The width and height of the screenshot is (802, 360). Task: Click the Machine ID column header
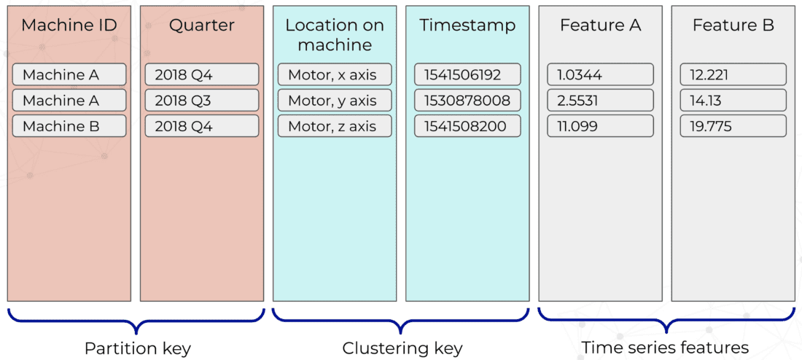click(69, 26)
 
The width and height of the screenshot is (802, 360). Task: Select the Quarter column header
click(202, 26)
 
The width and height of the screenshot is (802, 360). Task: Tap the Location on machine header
click(335, 35)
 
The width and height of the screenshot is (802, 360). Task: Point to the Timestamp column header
click(467, 26)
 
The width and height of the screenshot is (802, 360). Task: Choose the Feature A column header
click(600, 26)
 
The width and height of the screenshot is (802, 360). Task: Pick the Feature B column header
click(733, 26)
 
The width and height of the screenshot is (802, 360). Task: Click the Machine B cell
click(69, 126)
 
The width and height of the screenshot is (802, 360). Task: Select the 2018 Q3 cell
click(202, 101)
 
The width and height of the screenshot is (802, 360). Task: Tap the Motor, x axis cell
click(335, 74)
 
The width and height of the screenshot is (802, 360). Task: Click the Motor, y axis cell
click(335, 101)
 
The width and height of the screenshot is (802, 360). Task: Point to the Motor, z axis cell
click(335, 126)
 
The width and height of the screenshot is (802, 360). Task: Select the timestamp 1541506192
click(467, 74)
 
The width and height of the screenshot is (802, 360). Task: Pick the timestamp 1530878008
click(467, 101)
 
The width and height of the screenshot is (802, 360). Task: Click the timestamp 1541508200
click(467, 126)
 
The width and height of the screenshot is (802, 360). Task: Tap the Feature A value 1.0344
click(600, 74)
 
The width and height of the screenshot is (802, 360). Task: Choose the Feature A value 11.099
click(600, 126)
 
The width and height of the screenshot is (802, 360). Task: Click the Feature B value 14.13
click(733, 101)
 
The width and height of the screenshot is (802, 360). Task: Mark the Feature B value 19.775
click(733, 126)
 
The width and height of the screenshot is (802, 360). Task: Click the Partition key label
click(138, 348)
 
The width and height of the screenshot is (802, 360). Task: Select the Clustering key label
click(402, 348)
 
